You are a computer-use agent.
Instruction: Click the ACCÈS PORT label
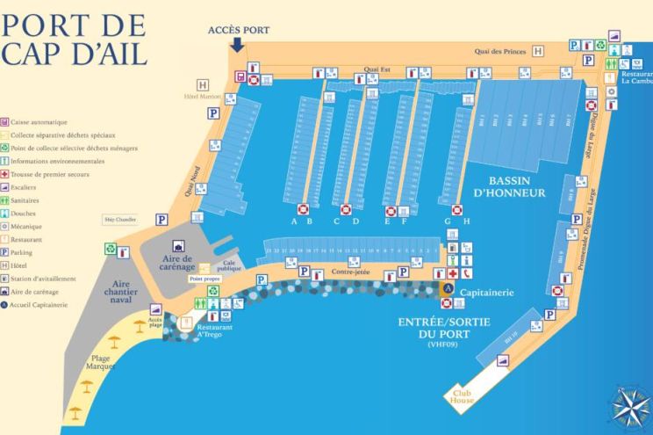click(239, 30)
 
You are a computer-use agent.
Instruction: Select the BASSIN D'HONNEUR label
click(509, 186)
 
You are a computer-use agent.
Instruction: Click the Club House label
click(463, 395)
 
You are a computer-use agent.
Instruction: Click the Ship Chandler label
click(120, 219)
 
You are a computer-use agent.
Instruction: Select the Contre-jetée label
click(349, 272)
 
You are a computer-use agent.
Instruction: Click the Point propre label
click(204, 279)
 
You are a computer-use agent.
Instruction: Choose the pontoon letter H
click(467, 221)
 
